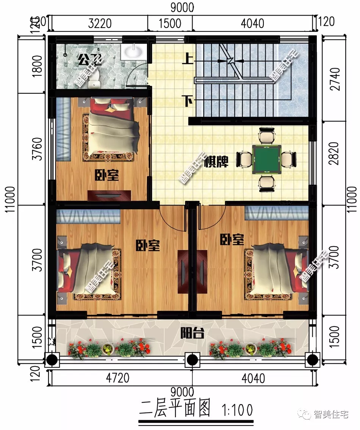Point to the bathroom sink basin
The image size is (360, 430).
coord(133,52)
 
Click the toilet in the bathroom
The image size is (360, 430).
coord(95,78)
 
